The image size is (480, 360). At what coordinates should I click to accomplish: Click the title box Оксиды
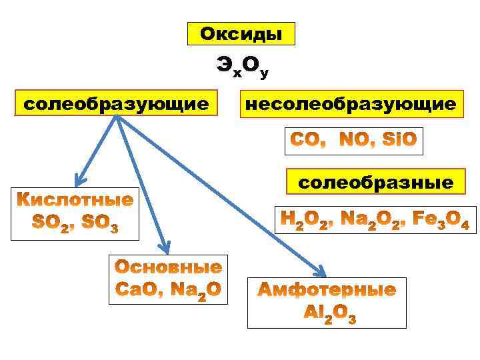point(241,33)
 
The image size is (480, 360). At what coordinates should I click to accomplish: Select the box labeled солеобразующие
point(116,104)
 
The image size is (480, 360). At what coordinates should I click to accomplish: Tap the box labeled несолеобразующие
point(350,104)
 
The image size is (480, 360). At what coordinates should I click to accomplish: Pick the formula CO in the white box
point(308,141)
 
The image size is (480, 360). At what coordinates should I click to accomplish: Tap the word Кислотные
point(73,199)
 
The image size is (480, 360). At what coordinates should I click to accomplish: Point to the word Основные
point(168,267)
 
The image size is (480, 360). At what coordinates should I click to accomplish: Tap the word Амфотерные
point(327,290)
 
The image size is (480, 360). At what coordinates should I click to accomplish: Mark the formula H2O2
point(305,219)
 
